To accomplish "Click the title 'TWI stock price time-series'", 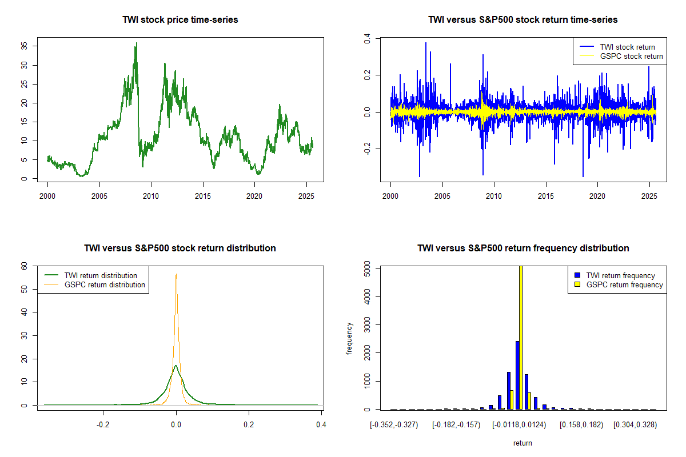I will pos(180,19).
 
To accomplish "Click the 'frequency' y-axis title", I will pos(349,339).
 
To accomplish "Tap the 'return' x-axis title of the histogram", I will pos(523,442).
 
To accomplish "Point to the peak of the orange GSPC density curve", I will pos(176,274).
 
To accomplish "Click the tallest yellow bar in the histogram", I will pos(521,337).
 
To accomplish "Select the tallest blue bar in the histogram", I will pos(517,375).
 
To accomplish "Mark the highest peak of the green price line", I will pos(136,43).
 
